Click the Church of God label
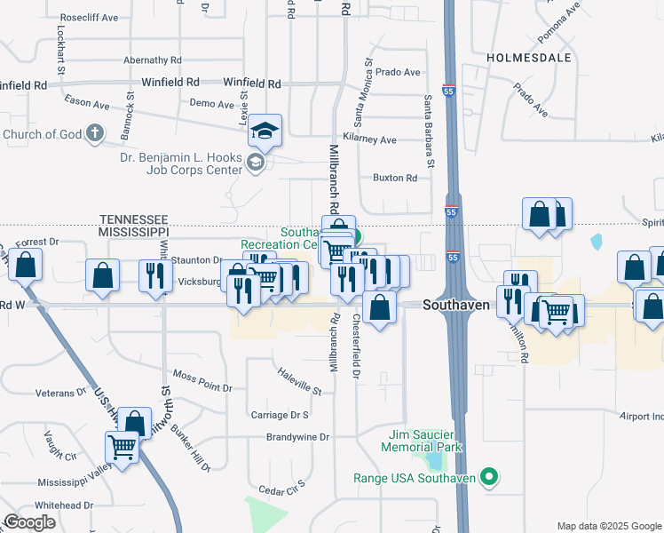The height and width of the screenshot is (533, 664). tap(42, 135)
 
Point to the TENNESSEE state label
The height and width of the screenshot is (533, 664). tap(134, 218)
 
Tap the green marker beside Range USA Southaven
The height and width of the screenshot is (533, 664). tap(487, 478)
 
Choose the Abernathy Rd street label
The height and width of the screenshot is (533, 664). tap(153, 60)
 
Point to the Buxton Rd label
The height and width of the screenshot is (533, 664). tap(394, 178)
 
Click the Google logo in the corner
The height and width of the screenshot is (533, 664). tap(29, 522)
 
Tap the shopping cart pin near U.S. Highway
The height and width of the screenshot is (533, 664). tap(122, 448)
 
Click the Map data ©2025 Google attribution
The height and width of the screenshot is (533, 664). tap(609, 526)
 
